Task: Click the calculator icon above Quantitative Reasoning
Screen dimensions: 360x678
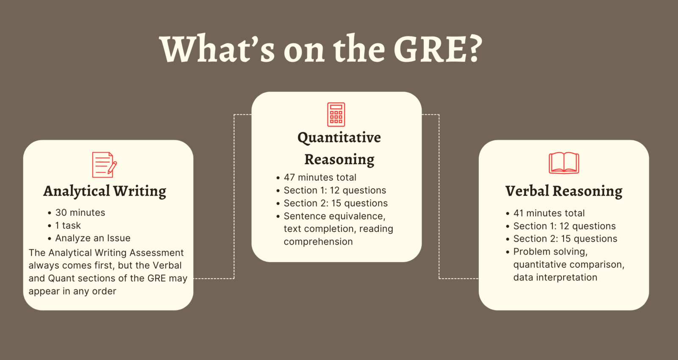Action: pos(336,114)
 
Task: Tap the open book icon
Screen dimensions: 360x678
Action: pos(564,163)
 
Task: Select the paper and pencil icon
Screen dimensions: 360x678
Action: pos(104,165)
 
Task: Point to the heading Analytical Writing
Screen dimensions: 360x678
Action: pos(105,191)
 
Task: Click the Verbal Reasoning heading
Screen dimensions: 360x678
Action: pos(564,191)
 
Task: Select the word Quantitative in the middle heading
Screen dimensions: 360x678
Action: pos(339,137)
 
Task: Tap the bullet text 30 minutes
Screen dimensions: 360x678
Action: pos(80,212)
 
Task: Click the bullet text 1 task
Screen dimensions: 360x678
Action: pos(68,226)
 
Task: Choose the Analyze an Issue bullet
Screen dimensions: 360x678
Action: pos(93,238)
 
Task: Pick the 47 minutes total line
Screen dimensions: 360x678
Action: pos(320,177)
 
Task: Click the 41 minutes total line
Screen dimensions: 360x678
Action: pos(549,213)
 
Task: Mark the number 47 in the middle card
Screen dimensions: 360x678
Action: pos(289,177)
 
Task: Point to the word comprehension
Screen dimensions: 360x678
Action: pos(318,242)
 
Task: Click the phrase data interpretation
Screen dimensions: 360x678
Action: pos(555,277)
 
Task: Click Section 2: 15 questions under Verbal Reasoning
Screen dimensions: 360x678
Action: pos(565,239)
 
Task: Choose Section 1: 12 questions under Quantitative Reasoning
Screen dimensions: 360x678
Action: pos(335,190)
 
